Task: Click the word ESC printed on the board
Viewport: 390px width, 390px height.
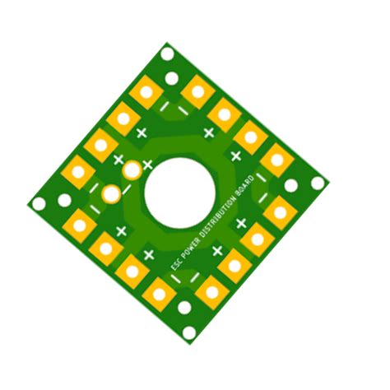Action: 175,264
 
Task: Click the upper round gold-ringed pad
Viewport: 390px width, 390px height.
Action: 132,170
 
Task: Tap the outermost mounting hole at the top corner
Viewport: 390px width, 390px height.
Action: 167,54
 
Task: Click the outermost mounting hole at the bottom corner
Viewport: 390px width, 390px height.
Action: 190,333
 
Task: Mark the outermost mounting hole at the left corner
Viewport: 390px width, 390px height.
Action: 38,203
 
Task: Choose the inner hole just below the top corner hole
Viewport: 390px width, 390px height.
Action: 172,80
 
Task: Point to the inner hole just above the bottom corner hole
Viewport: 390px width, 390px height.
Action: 184,308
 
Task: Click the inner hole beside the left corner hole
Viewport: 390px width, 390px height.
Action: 64,200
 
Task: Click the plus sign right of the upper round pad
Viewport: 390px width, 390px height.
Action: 148,165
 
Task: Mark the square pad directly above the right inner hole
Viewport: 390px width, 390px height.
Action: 276,160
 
